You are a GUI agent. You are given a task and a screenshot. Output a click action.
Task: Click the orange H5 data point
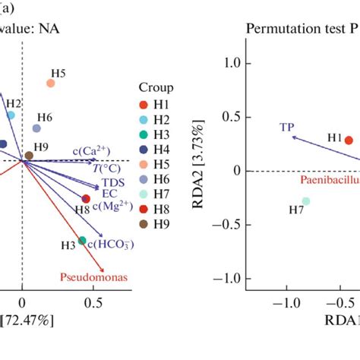click(50, 83)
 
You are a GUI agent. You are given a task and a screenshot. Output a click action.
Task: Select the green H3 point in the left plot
click(82, 241)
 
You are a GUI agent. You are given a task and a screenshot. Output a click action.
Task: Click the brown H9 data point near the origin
click(29, 156)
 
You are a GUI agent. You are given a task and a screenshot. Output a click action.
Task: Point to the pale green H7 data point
click(305, 201)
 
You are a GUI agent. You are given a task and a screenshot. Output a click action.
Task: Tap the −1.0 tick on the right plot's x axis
click(286, 302)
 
